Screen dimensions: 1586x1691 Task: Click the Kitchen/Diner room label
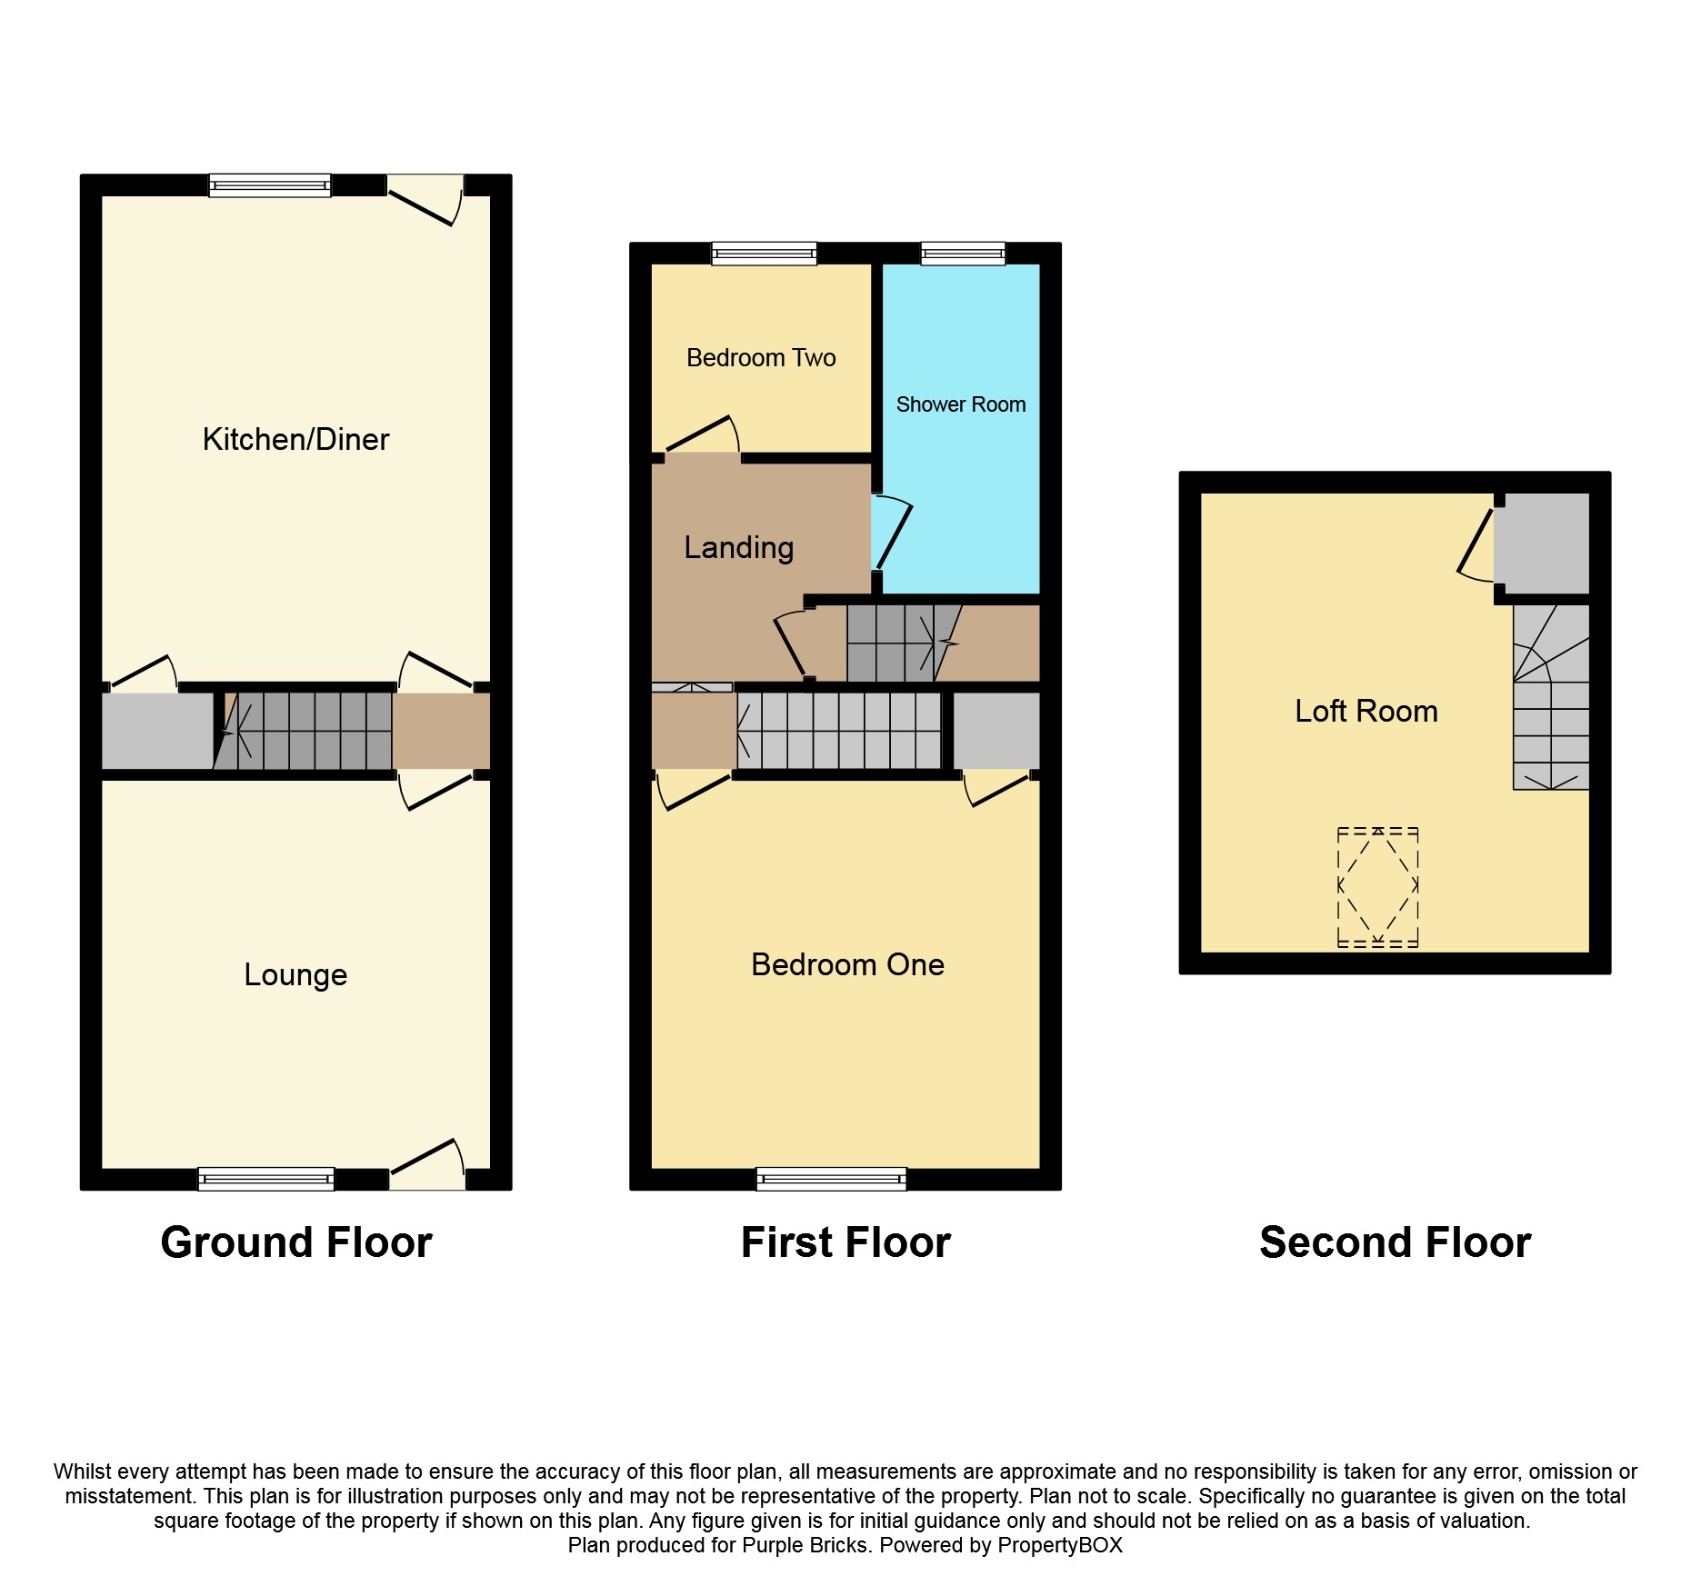click(x=295, y=440)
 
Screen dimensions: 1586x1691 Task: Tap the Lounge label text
click(x=295, y=975)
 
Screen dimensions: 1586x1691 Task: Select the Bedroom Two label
click(x=761, y=358)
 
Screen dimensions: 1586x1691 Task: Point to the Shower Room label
click(x=960, y=404)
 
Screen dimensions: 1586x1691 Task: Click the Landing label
click(x=738, y=548)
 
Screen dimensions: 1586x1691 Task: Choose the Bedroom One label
click(x=847, y=965)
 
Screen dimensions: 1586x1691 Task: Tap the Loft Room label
click(x=1366, y=712)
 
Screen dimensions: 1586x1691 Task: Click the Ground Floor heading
click(x=295, y=1242)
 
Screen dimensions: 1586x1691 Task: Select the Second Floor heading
click(x=1395, y=1242)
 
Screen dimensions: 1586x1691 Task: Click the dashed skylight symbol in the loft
click(x=1377, y=887)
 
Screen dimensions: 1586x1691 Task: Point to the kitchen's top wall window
click(x=270, y=185)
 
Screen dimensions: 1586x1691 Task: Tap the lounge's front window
click(x=266, y=1179)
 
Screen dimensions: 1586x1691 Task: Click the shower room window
click(x=963, y=254)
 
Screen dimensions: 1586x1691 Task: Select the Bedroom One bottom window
click(x=831, y=1179)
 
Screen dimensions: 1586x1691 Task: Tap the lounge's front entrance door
click(x=427, y=1166)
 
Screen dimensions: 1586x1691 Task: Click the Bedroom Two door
click(x=702, y=436)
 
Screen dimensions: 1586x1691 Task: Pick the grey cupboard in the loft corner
click(x=1542, y=544)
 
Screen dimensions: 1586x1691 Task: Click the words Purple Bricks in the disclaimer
click(x=805, y=1545)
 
